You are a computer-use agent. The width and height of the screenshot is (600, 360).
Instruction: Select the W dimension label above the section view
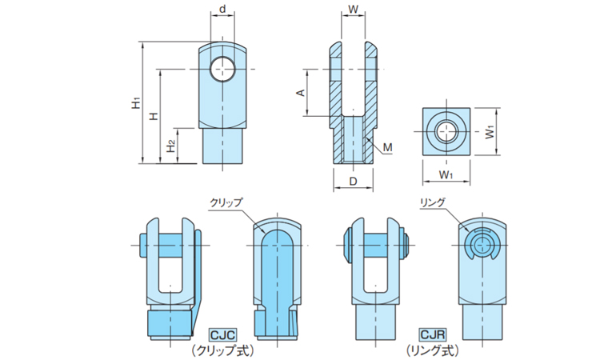point(353,10)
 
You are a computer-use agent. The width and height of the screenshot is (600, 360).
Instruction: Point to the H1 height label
point(136,104)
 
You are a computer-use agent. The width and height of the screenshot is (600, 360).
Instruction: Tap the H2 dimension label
point(170,146)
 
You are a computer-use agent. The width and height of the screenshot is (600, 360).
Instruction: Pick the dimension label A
point(301,94)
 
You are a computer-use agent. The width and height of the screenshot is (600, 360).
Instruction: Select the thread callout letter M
point(387,147)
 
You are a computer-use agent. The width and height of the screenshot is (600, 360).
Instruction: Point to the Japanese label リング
point(431,203)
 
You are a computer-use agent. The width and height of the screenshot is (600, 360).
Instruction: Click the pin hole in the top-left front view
point(224,70)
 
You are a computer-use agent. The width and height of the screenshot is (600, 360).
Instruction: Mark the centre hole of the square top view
point(446,130)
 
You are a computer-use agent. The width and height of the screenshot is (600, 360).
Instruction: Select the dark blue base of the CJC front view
point(169,322)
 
